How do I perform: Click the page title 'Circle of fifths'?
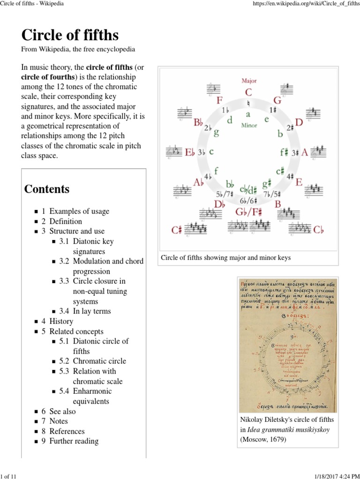[70, 35]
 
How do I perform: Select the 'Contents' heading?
[47, 189]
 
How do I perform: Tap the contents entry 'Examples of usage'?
[79, 211]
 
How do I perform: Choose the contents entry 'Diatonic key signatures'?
[93, 247]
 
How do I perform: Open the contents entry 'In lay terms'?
[92, 311]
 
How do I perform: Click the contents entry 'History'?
[61, 322]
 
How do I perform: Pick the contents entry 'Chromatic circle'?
[99, 361]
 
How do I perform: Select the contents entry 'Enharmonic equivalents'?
[92, 396]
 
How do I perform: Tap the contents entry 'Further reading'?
[74, 441]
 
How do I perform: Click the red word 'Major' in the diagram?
[249, 81]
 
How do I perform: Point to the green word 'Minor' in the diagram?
[249, 126]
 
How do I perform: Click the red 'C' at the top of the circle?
[248, 92]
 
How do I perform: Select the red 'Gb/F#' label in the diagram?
[249, 212]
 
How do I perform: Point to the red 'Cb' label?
[318, 229]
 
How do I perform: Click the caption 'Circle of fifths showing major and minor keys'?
[225, 258]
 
